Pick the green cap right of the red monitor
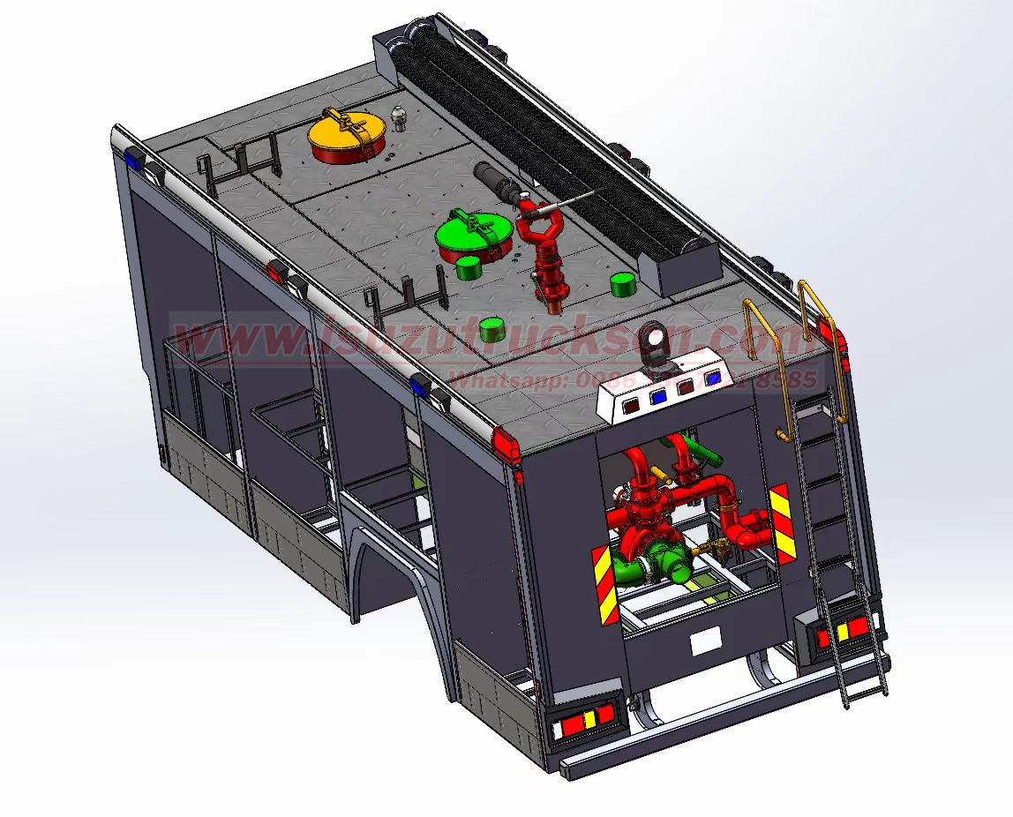tap(623, 284)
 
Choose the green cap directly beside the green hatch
tap(468, 266)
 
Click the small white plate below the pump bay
tap(705, 642)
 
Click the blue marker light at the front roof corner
tap(133, 161)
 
